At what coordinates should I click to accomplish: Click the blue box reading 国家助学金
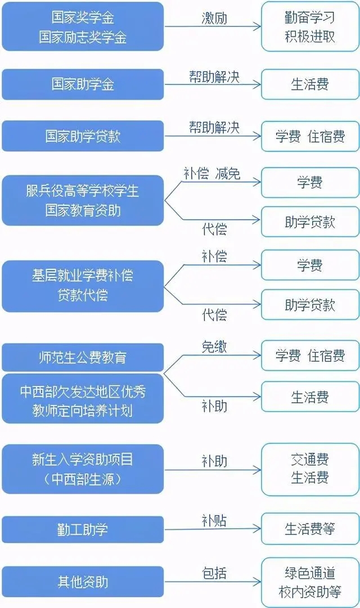coord(83,84)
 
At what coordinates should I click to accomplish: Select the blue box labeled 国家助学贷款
coord(83,136)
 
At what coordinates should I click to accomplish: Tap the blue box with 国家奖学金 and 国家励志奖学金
coord(83,27)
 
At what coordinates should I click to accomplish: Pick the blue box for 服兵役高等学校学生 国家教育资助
coord(83,200)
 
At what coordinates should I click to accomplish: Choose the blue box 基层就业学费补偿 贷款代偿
coord(83,286)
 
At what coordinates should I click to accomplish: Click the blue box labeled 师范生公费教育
coord(83,357)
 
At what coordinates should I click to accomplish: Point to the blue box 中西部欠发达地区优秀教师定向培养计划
coord(83,399)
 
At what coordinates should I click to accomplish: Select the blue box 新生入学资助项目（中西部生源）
coord(83,469)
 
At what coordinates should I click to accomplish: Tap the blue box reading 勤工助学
coord(83,529)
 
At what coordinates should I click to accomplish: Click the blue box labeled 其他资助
coord(83,582)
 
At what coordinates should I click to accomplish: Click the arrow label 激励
coord(214,18)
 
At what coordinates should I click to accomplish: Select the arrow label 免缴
coord(214,346)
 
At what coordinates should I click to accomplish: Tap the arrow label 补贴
coord(214,520)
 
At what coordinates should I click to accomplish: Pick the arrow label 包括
coord(214,573)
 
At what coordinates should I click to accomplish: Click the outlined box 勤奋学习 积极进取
coord(310,27)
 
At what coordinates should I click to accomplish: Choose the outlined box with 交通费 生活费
coord(310,469)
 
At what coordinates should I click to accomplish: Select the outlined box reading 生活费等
coord(310,529)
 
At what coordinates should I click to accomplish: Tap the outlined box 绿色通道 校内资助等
coord(310,582)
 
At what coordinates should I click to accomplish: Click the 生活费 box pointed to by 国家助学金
coord(310,84)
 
